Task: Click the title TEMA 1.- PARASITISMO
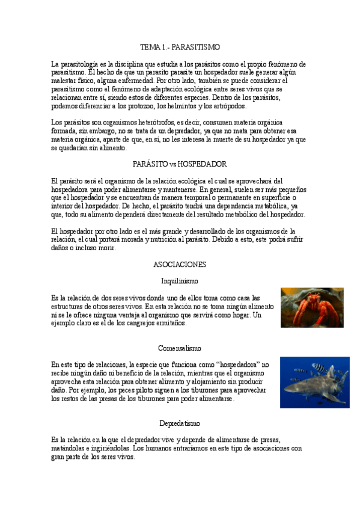coord(180,46)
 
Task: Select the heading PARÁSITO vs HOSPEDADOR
coord(179,164)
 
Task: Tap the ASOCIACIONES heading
coord(180,264)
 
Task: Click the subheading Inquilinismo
coord(180,281)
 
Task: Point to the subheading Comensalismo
coord(180,348)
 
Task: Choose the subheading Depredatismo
coord(180,423)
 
